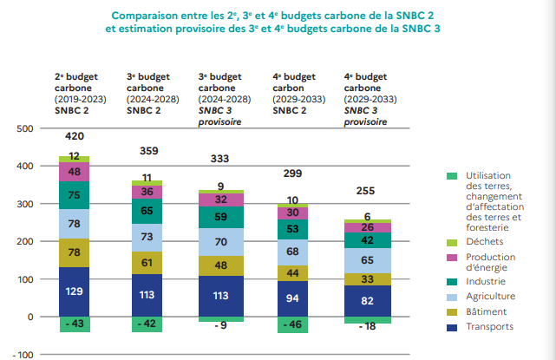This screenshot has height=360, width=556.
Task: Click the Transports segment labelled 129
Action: pos(75,291)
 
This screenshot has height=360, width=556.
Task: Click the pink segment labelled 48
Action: pos(75,172)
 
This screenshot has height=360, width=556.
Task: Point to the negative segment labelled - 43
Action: pos(75,324)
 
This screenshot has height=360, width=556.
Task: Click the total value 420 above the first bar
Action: pos(75,136)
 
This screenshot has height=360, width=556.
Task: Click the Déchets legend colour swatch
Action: pos(451,242)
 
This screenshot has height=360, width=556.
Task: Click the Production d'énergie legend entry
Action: pos(490,262)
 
